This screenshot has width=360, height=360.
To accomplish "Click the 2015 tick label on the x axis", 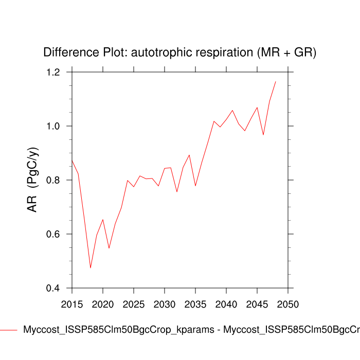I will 71,304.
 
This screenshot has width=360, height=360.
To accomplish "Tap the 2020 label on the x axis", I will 102,304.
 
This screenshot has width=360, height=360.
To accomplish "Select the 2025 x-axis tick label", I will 133,304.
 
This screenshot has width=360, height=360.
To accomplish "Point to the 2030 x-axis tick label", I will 164,304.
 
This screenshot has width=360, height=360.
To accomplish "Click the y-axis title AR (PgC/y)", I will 32,180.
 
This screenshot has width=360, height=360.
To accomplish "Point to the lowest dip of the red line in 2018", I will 91,268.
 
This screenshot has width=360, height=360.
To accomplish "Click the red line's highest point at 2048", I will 276,81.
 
